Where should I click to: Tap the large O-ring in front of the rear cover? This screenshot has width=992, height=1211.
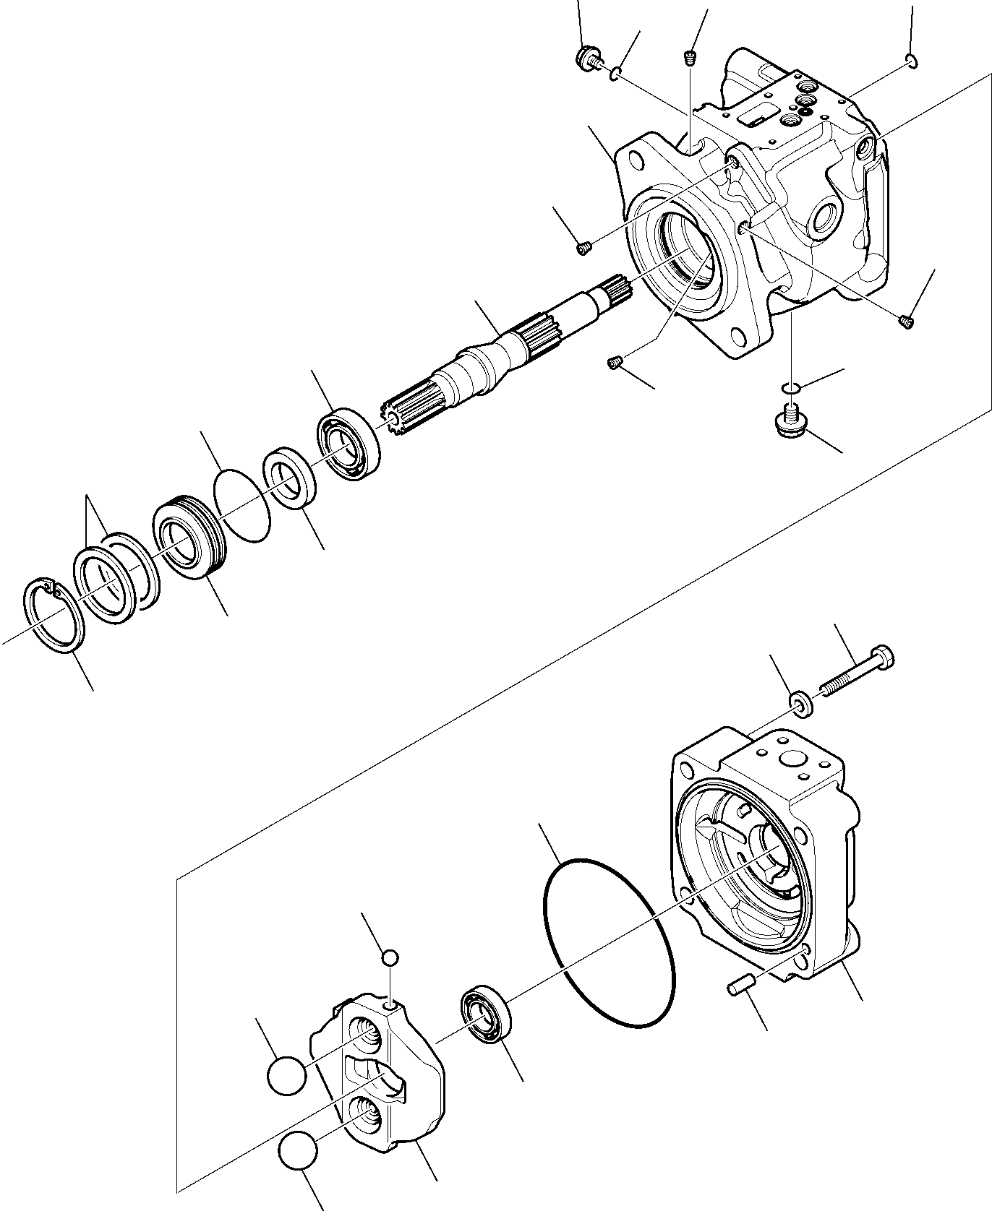pyautogui.click(x=609, y=943)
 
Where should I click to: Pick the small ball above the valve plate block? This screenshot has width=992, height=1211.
pyautogui.click(x=390, y=957)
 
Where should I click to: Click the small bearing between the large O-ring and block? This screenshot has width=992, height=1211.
pyautogui.click(x=486, y=1014)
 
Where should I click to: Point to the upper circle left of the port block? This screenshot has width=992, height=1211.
pyautogui.click(x=286, y=1075)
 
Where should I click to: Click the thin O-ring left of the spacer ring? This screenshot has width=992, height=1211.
pyautogui.click(x=243, y=504)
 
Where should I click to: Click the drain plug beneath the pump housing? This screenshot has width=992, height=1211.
pyautogui.click(x=790, y=421)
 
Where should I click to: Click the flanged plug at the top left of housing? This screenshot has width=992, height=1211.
pyautogui.click(x=587, y=57)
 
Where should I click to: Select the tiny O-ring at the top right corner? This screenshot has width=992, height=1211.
pyautogui.click(x=912, y=62)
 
